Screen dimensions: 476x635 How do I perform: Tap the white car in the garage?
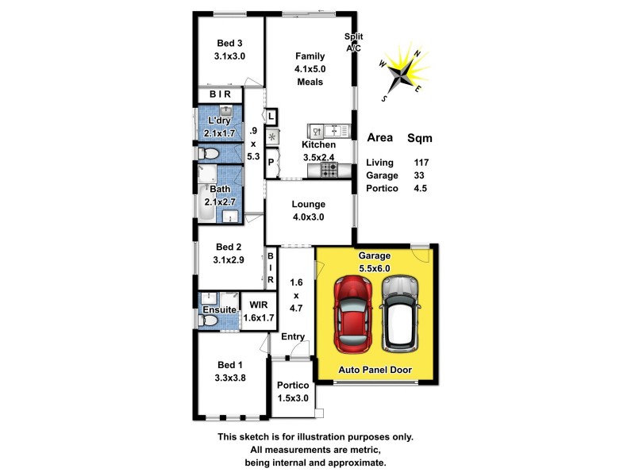pyautogui.click(x=398, y=313)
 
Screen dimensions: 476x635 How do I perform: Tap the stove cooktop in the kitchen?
pyautogui.click(x=328, y=167)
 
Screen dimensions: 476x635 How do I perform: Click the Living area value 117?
pyautogui.click(x=421, y=163)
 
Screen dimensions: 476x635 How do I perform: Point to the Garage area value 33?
pyautogui.click(x=421, y=175)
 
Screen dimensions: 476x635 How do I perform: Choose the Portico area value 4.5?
pyautogui.click(x=421, y=188)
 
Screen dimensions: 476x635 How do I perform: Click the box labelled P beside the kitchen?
pyautogui.click(x=271, y=164)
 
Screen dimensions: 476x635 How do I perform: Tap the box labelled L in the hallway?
pyautogui.click(x=271, y=117)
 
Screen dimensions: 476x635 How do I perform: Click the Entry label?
pyautogui.click(x=293, y=336)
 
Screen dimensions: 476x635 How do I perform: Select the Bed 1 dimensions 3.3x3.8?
pyautogui.click(x=230, y=378)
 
